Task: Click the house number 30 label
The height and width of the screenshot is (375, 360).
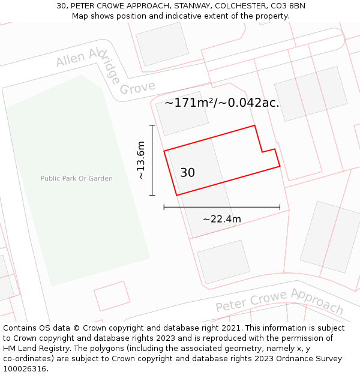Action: pos(187,173)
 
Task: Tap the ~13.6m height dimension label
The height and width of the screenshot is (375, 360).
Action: pos(140,160)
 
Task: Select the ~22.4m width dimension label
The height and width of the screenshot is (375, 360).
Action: pos(222,219)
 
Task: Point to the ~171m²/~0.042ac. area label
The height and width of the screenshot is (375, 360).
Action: pos(222,103)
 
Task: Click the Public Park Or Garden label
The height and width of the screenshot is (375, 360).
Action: pos(76,178)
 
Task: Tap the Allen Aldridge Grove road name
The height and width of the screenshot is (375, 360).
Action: pos(105,73)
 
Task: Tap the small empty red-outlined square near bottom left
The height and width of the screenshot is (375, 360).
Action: pos(112,296)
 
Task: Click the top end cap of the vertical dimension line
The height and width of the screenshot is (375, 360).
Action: pos(152,125)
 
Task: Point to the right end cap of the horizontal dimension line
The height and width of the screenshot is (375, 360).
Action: pos(280,207)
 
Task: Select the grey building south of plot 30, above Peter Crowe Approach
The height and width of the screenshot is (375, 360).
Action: pos(223,262)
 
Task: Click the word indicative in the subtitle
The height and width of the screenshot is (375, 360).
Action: pos(179,16)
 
